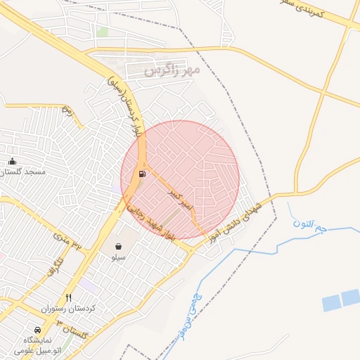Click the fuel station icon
[143, 174]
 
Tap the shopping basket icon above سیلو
[118, 246]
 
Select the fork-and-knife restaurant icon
[68, 297]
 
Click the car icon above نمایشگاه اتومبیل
[37, 330]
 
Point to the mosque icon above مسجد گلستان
[12, 162]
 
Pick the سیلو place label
[118, 257]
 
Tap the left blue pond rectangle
[331, 303]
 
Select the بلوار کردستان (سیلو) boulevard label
[127, 103]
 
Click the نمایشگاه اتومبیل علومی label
[35, 345]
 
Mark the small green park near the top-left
[103, 32]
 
